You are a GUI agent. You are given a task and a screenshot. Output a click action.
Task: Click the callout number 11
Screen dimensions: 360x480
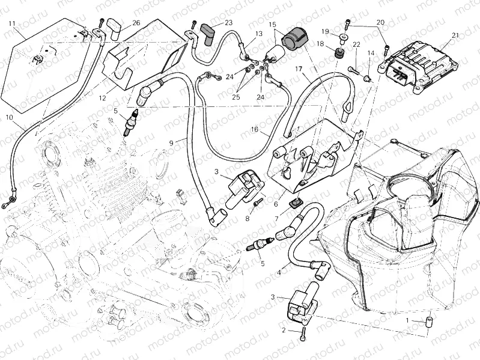(x=12, y=23)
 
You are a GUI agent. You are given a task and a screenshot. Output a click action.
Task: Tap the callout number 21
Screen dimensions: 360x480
(x=455, y=35)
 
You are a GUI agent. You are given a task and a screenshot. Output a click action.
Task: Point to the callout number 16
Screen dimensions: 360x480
(x=255, y=129)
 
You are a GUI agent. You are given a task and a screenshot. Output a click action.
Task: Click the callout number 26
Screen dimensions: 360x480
(x=136, y=23)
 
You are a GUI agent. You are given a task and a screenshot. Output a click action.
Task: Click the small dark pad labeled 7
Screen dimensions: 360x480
(x=296, y=203)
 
